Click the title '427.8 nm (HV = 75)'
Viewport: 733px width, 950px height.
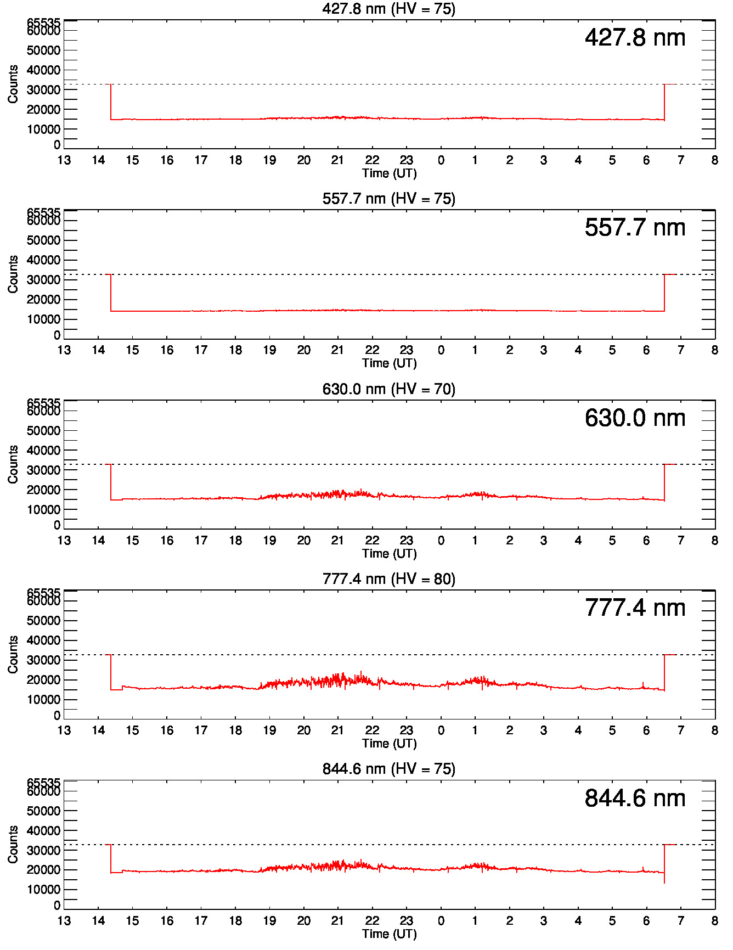click(x=388, y=9)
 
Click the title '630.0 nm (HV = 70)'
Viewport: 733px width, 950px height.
click(x=388, y=389)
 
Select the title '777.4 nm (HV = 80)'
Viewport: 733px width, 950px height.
click(x=388, y=579)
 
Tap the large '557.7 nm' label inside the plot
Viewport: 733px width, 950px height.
click(x=635, y=228)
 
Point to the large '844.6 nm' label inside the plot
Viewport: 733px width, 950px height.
click(x=635, y=799)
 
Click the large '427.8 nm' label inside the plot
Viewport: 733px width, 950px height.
click(x=635, y=38)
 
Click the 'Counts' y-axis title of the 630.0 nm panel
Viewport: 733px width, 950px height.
click(x=13, y=464)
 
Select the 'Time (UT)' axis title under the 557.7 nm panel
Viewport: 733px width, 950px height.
click(x=389, y=363)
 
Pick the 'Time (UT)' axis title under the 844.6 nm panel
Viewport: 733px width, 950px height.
click(x=389, y=934)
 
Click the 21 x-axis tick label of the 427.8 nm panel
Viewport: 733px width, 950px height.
click(x=337, y=160)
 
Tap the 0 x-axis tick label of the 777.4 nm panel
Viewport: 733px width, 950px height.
click(x=441, y=730)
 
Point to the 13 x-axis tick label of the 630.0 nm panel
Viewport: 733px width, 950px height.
click(x=64, y=541)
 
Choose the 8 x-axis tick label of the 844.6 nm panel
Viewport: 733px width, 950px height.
click(x=714, y=920)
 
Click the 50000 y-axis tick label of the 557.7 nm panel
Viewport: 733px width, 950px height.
click(x=44, y=240)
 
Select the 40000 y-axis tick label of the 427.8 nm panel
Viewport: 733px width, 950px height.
click(x=44, y=70)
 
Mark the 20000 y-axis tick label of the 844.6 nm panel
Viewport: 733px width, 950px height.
click(x=44, y=870)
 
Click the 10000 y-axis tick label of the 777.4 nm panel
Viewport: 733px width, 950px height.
click(x=44, y=700)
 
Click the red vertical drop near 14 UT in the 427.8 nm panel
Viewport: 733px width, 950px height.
click(x=111, y=102)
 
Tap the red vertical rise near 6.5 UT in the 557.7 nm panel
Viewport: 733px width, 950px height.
click(x=664, y=293)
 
